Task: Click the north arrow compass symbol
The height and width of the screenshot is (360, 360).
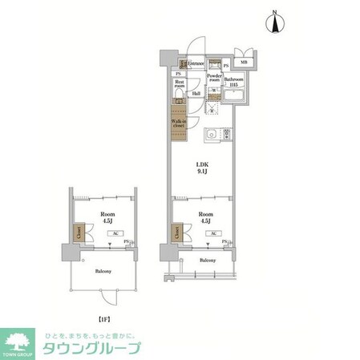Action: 276,22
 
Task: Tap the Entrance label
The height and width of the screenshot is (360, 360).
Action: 195,64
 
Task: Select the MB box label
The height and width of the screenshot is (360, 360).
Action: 244,63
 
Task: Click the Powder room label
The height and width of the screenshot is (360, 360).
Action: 213,78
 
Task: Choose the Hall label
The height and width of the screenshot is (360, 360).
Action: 196,94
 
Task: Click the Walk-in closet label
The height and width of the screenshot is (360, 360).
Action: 180,123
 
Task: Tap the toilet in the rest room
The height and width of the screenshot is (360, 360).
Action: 179,99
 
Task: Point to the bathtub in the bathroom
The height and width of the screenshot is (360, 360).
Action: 233,97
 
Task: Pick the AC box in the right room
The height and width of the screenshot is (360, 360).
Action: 213,234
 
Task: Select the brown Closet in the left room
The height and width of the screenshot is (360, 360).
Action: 79,233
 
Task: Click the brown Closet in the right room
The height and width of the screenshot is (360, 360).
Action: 175,233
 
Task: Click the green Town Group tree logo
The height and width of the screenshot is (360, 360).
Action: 22,342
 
